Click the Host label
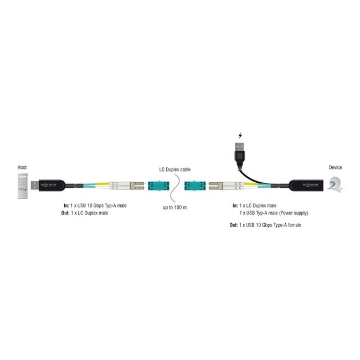[x=22, y=167]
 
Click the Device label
[x=336, y=167]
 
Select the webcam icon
[x=336, y=184]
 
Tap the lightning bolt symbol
[x=240, y=135]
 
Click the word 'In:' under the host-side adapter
[x=67, y=205]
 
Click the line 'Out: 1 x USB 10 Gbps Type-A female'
[x=265, y=225]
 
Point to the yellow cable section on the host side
[x=103, y=184]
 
